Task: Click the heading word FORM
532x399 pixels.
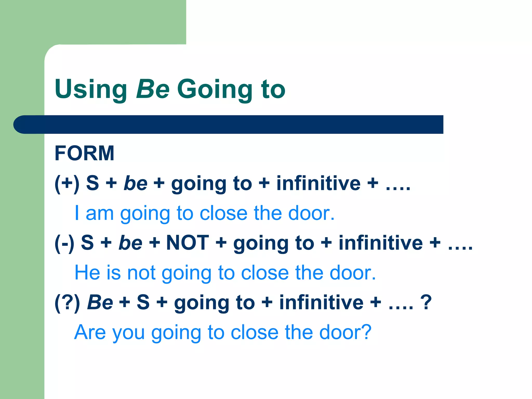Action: (84, 153)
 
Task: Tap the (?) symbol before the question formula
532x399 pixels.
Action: (67, 302)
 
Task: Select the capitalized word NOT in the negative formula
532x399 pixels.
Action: (188, 243)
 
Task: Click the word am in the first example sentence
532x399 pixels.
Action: (100, 213)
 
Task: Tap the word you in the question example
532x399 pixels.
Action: (129, 332)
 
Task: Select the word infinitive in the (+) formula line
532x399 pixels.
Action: (318, 183)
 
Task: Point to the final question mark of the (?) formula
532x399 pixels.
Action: (426, 302)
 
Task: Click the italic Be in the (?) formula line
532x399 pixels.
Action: (100, 302)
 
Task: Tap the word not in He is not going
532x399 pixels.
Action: (141, 272)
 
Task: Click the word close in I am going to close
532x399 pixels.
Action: (223, 213)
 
